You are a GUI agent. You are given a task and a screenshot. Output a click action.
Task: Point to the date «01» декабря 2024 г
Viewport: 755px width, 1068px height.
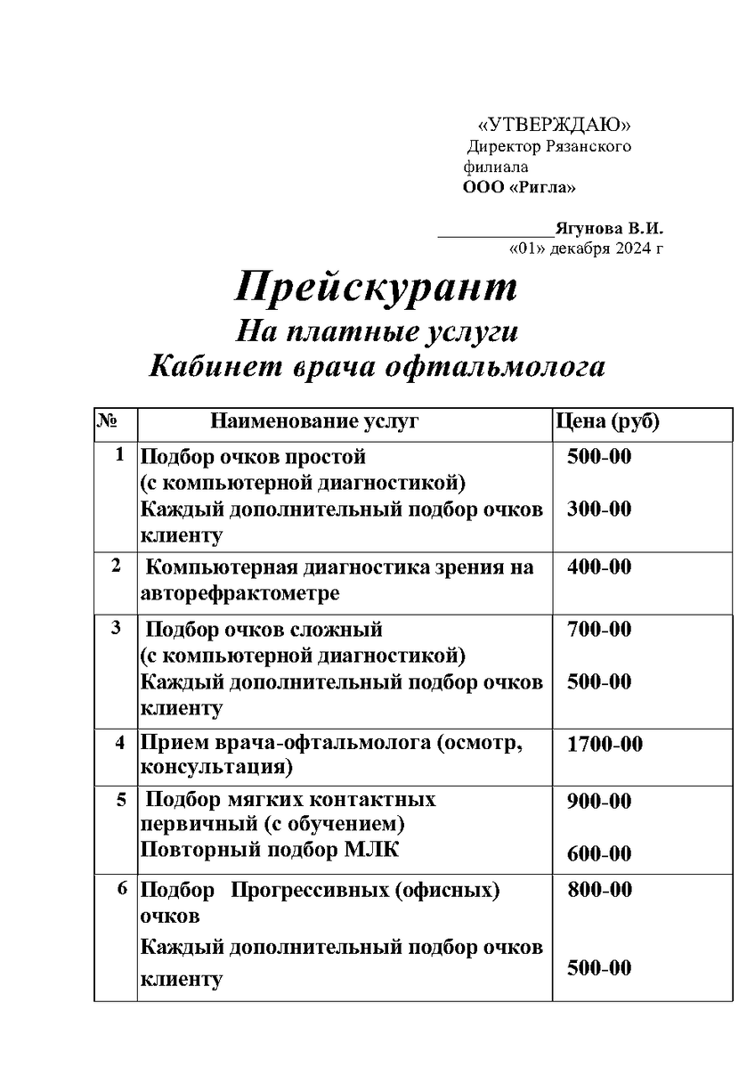(585, 248)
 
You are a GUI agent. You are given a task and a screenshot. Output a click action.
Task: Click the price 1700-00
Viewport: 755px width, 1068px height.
(605, 744)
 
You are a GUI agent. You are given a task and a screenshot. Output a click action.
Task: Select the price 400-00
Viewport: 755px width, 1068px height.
(599, 567)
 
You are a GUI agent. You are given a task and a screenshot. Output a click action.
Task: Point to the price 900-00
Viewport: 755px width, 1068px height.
(599, 801)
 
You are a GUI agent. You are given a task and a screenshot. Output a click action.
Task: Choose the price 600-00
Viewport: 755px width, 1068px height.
(599, 853)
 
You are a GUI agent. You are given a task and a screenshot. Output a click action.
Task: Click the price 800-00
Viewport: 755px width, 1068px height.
(599, 889)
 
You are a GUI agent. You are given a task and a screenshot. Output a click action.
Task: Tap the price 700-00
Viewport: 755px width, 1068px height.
(599, 629)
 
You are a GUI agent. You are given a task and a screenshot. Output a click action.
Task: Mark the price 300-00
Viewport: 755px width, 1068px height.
(599, 509)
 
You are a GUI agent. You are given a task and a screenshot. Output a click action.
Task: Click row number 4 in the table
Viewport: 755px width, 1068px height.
(119, 742)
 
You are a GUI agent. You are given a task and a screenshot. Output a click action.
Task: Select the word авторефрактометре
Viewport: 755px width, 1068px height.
(239, 592)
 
